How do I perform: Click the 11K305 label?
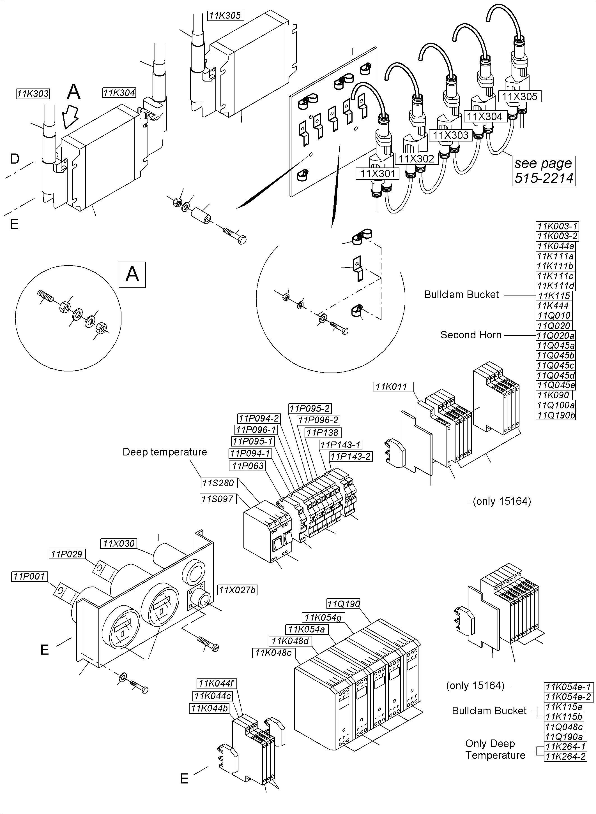(x=225, y=15)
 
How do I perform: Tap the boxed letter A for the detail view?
(x=132, y=275)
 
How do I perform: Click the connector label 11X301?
(x=378, y=174)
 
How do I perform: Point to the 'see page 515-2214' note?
(x=543, y=171)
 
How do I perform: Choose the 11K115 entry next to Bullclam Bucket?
(x=554, y=296)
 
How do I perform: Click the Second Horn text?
(x=471, y=335)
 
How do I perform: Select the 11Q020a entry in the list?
(x=556, y=336)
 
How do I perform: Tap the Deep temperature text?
(x=165, y=452)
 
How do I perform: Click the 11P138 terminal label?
(x=323, y=432)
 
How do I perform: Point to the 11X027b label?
(x=237, y=590)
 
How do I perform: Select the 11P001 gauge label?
(x=29, y=576)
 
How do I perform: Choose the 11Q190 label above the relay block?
(x=344, y=604)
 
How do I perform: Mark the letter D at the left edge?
(x=15, y=159)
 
